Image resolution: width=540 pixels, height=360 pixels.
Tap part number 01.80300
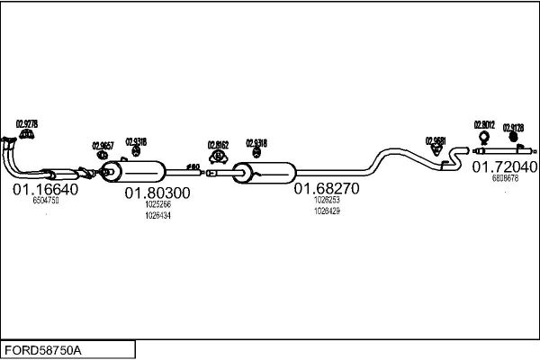[x=157, y=193]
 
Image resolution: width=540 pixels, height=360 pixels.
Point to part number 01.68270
[x=327, y=189]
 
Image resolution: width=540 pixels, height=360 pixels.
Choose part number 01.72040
[x=505, y=167]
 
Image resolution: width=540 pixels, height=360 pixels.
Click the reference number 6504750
[x=46, y=201]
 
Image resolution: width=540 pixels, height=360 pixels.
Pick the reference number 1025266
[x=157, y=204]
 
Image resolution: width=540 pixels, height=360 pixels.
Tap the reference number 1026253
[x=327, y=200]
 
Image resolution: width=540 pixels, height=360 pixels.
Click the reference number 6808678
[x=505, y=178]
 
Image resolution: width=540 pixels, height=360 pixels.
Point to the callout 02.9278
[x=27, y=123]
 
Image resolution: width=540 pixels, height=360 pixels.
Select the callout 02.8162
[x=218, y=144]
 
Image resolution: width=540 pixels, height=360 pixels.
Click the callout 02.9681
[x=436, y=140]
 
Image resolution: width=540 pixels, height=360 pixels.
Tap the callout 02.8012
[x=484, y=125]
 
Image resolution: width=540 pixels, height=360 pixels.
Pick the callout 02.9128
[x=513, y=128]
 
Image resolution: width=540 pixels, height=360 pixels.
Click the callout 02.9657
[x=103, y=145]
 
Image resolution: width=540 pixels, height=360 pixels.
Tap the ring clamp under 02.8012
[x=484, y=138]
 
